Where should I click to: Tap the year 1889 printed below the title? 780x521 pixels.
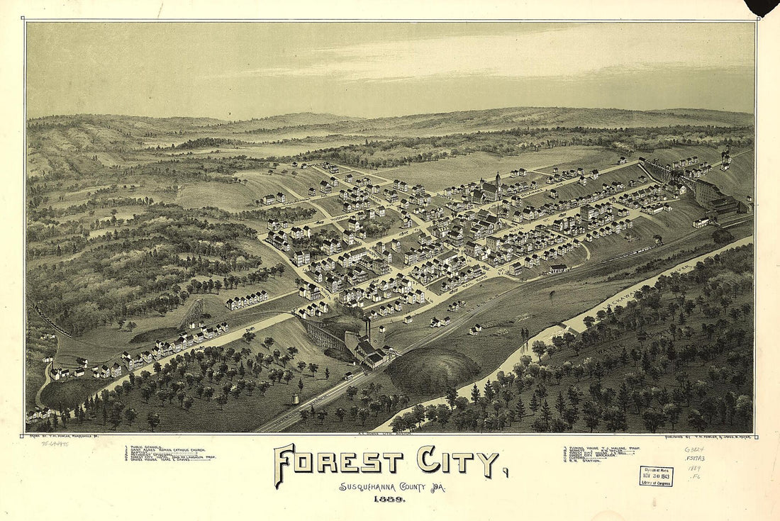click(389, 499)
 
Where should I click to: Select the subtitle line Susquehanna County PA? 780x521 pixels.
click(389, 486)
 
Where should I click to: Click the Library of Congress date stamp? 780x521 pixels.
click(656, 476)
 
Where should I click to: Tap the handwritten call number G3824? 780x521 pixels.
click(694, 449)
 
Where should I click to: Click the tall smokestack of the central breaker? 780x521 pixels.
click(368, 330)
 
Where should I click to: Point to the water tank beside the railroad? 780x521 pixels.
click(295, 400)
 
